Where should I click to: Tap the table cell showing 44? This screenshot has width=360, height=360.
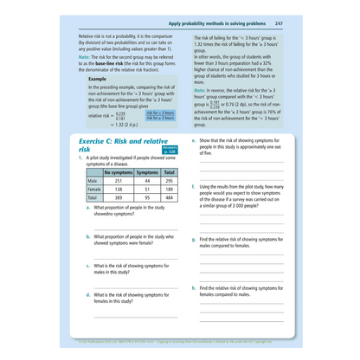tap(147, 179)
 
